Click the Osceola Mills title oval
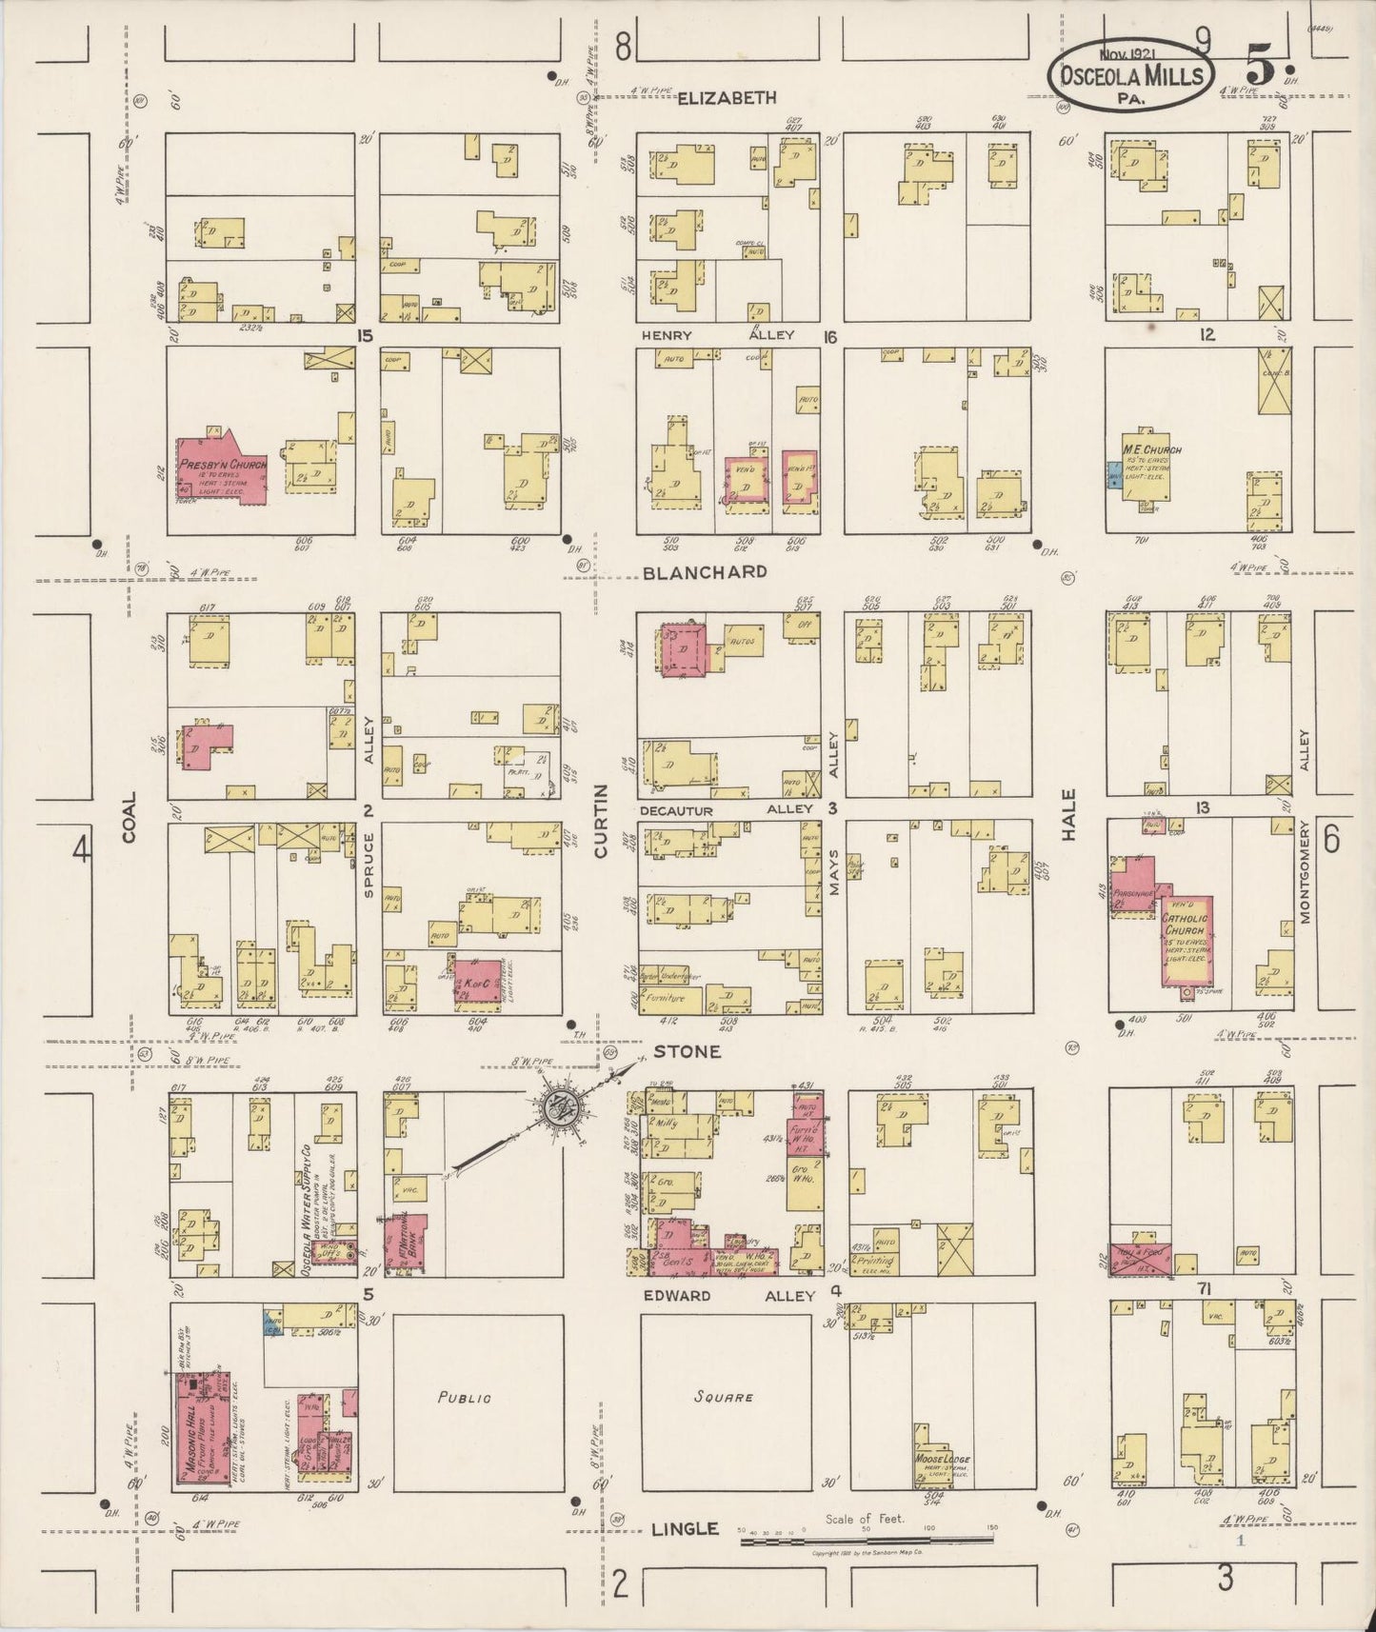point(1130,74)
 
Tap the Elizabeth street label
point(728,97)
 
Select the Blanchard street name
point(705,571)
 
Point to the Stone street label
point(688,1051)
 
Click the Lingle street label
point(684,1529)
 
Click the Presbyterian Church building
point(220,468)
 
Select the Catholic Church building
point(1187,939)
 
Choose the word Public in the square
point(465,1398)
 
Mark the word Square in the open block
point(724,1397)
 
